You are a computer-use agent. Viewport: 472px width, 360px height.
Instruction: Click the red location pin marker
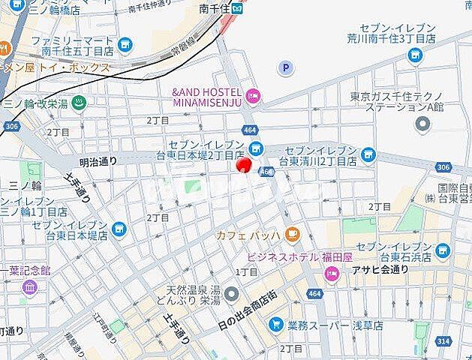tap(243, 165)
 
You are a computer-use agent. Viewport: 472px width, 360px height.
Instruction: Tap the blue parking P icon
tap(285, 68)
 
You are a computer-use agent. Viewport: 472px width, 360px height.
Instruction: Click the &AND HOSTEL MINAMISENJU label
tap(208, 95)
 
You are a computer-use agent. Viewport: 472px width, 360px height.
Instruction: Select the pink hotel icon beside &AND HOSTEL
tap(253, 95)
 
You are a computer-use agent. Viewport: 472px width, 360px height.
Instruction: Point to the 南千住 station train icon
tap(237, 9)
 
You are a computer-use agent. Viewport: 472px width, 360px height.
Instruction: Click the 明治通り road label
tap(98, 160)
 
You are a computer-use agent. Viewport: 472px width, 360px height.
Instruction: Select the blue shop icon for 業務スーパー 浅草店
tap(276, 325)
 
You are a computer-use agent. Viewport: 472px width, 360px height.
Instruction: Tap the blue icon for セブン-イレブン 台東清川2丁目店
tap(368, 154)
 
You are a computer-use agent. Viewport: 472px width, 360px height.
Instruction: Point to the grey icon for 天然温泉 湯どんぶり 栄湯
tap(231, 292)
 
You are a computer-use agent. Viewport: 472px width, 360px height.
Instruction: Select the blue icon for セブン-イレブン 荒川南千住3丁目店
tap(415, 54)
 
